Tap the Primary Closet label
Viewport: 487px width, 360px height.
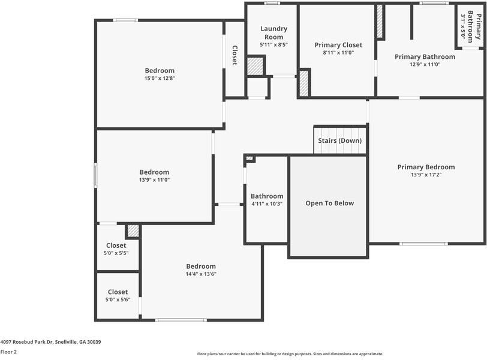[x=338, y=45]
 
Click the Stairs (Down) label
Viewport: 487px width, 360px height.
[x=339, y=140]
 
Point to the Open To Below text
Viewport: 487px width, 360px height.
[x=329, y=203]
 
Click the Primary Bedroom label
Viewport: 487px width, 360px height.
[x=426, y=167]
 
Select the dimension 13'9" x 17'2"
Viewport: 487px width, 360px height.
[x=426, y=175]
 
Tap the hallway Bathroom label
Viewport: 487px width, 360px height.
[x=267, y=196]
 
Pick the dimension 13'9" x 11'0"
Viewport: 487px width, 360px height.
[x=154, y=180]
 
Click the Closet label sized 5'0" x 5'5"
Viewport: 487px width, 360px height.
[x=116, y=245]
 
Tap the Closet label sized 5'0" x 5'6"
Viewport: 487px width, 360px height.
[x=118, y=292]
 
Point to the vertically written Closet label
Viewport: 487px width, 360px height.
[x=235, y=55]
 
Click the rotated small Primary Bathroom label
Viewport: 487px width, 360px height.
[x=474, y=25]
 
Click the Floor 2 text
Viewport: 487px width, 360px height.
[x=8, y=352]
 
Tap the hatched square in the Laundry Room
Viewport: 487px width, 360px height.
[x=255, y=66]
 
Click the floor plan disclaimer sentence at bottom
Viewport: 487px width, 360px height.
[x=290, y=354]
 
